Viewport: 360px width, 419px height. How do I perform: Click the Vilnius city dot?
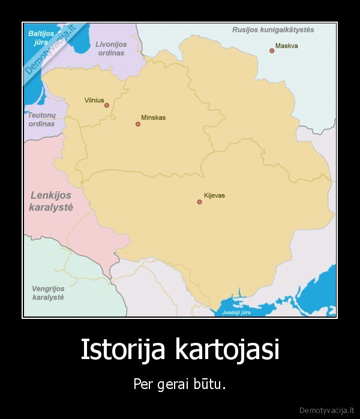tap(107, 105)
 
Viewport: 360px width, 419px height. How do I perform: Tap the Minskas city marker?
tap(138, 124)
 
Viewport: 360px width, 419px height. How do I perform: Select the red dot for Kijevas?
tap(200, 202)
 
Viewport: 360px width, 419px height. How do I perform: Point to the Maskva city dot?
tap(272, 51)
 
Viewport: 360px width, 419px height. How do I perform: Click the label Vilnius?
tap(94, 100)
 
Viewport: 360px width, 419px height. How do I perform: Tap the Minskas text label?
tap(153, 117)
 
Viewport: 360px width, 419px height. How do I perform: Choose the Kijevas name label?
tap(214, 195)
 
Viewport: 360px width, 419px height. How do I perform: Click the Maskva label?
tap(287, 46)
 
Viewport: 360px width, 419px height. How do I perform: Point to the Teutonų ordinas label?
tap(41, 119)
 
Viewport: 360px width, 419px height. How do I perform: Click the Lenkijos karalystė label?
tap(50, 201)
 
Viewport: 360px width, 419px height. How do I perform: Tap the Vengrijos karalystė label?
tap(48, 293)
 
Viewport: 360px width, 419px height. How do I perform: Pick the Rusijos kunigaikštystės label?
tap(273, 29)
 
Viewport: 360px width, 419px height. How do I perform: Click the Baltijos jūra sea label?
tap(41, 38)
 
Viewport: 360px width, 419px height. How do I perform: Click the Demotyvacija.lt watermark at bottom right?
tap(328, 409)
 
